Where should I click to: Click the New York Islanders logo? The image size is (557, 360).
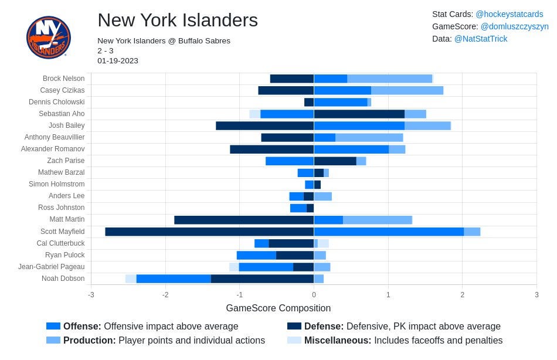(49, 37)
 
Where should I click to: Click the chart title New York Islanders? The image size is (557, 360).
(178, 20)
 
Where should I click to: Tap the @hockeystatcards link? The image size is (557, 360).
(510, 14)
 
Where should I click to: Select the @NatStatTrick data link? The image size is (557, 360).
(481, 39)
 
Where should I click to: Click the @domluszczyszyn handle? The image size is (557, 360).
(514, 26)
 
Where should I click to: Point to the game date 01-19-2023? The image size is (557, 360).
(118, 61)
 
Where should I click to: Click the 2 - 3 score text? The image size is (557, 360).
(106, 51)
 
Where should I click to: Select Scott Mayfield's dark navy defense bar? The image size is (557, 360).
(209, 232)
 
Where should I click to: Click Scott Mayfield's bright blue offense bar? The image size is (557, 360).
(389, 232)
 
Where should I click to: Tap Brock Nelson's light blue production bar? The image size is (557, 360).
(390, 79)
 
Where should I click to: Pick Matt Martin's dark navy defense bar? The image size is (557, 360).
(244, 220)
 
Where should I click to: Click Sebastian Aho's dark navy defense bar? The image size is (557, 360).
(359, 114)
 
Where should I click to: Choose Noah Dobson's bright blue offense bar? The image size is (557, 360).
(174, 279)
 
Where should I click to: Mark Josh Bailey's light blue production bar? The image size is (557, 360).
(427, 125)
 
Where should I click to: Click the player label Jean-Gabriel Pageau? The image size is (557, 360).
(52, 267)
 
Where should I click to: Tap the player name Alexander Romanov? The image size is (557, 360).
(53, 149)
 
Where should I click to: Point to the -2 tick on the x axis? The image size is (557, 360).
(165, 294)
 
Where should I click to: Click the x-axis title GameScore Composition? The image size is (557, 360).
(278, 308)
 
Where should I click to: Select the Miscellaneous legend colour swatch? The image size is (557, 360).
(294, 340)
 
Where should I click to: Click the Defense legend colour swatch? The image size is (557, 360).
(294, 326)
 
